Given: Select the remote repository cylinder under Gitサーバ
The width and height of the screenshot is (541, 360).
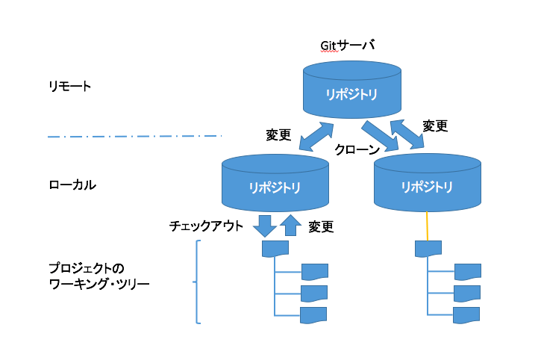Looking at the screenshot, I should tap(350, 90).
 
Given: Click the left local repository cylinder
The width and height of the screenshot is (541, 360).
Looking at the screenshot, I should tap(275, 184).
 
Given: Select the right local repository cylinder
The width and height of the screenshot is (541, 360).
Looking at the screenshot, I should tap(425, 184).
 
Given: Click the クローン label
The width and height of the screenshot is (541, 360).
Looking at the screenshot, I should tap(357, 149).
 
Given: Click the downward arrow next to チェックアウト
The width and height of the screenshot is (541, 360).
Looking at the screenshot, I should tap(264, 224).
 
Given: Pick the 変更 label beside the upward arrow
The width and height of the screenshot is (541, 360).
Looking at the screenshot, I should tap(321, 226).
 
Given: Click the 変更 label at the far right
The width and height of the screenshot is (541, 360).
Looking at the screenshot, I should tap(435, 125).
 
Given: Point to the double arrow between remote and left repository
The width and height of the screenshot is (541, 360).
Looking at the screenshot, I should tap(312, 136).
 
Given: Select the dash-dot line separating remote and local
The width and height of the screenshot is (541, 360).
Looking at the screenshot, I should tap(134, 136).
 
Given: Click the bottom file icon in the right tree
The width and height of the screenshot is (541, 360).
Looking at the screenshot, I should tap(466, 314).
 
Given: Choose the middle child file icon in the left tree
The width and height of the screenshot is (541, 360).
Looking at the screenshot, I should tap(313, 293).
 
